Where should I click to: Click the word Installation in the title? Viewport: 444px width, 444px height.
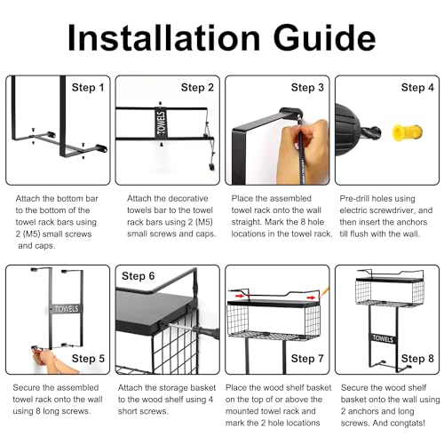(164, 38)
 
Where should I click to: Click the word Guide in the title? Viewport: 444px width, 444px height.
(324, 38)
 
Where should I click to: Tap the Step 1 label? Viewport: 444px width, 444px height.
(88, 88)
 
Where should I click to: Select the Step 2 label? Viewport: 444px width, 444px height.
(197, 88)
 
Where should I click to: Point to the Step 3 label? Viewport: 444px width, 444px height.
(307, 88)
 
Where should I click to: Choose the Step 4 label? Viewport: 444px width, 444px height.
(417, 88)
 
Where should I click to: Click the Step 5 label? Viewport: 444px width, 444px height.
(88, 359)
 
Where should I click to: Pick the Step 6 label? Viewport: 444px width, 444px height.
(139, 276)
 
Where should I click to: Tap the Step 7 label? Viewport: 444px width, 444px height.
(307, 359)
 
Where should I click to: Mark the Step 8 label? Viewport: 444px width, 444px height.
(417, 359)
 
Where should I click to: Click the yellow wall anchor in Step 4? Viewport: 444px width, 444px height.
(407, 132)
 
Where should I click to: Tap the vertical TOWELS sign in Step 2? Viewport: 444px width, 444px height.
(162, 123)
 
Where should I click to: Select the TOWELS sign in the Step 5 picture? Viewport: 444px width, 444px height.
(66, 309)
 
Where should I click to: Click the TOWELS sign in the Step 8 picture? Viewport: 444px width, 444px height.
(383, 338)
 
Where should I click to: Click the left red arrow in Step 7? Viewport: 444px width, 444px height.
(240, 296)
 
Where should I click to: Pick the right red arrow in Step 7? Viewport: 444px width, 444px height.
(311, 297)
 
